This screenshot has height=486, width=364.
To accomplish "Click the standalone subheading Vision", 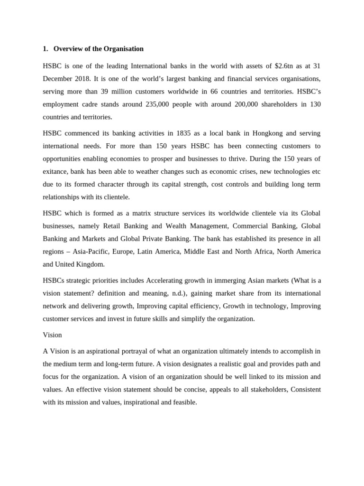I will coord(52,335).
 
